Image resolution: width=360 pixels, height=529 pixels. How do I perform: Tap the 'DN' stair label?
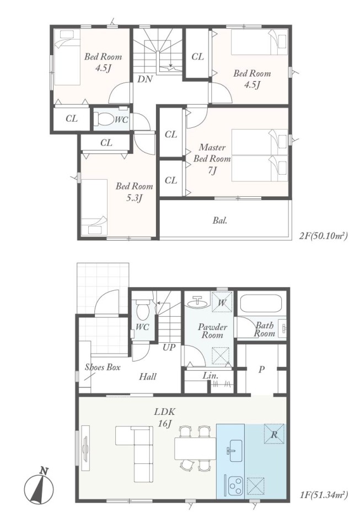[x=145, y=79]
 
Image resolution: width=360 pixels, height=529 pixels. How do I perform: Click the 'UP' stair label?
[x=169, y=347]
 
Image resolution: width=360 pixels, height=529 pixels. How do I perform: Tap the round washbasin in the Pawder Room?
[x=197, y=303]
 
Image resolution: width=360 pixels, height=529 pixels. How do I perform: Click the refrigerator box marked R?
[x=273, y=435]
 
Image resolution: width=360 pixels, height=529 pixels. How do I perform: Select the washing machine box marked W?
[x=221, y=302]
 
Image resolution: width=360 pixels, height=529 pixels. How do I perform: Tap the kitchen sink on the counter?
[x=233, y=450]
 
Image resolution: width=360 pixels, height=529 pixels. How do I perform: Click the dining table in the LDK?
[x=195, y=449]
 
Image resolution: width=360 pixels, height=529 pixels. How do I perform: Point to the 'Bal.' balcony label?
[x=219, y=220]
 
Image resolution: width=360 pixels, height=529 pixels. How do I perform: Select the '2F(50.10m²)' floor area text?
[x=323, y=235]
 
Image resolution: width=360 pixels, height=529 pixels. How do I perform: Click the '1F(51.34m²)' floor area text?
[x=323, y=495]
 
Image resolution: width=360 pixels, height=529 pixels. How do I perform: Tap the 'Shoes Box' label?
[x=102, y=367]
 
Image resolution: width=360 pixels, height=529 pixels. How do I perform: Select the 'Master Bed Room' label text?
[x=212, y=153]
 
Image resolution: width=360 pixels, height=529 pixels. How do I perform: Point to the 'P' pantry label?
[x=261, y=370]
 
